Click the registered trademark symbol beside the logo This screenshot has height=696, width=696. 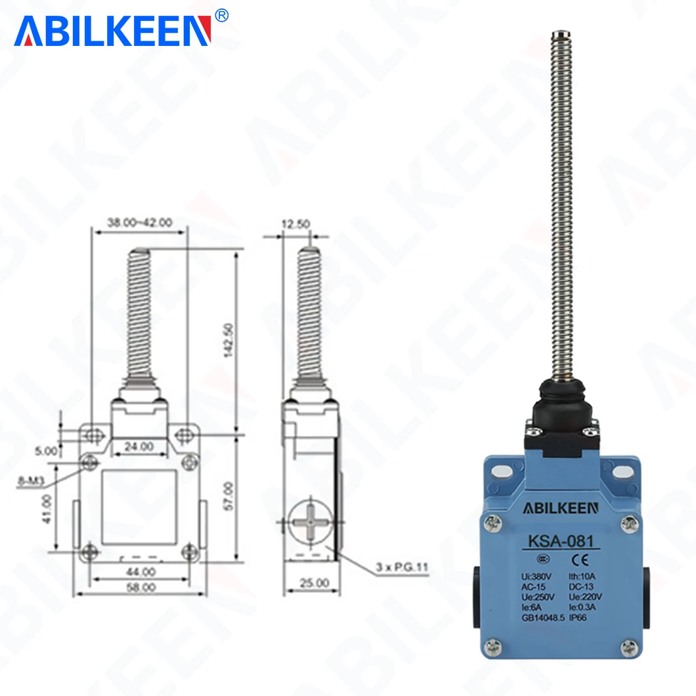(x=221, y=16)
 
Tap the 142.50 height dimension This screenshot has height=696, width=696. (x=228, y=340)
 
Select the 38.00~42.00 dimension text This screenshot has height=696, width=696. (x=139, y=223)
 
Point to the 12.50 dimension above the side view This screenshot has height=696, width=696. (x=295, y=224)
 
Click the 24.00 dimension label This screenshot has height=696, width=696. (x=139, y=446)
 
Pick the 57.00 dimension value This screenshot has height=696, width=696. (x=228, y=496)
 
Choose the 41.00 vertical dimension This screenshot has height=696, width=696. (x=47, y=509)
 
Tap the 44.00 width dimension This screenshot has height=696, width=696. (x=141, y=572)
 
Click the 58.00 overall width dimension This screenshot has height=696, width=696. (x=141, y=587)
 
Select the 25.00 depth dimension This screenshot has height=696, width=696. (x=315, y=582)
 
